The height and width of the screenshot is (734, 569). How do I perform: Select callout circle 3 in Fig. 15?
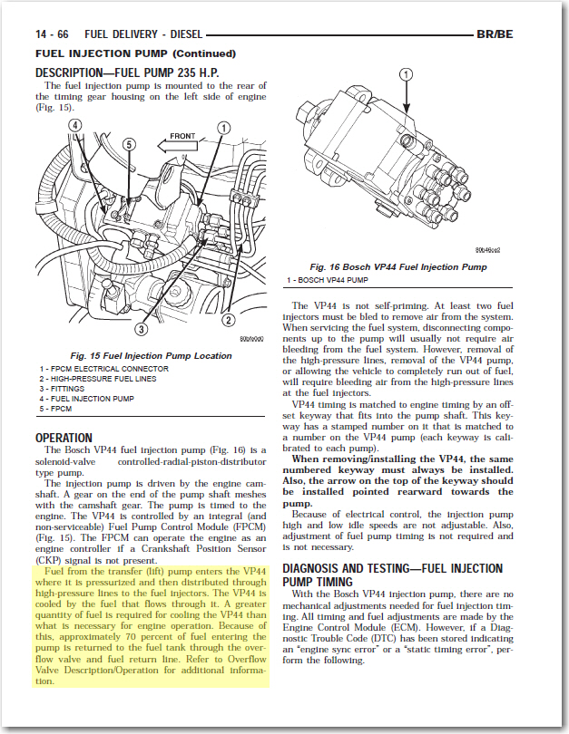tap(142, 329)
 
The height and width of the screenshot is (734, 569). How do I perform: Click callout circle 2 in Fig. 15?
tap(229, 319)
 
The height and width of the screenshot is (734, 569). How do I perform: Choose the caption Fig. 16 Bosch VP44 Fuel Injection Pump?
tap(398, 267)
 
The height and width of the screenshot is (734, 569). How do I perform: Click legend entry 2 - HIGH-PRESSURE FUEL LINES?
tap(98, 379)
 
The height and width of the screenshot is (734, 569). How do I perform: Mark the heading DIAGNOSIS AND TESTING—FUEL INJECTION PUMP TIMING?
tap(392, 575)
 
